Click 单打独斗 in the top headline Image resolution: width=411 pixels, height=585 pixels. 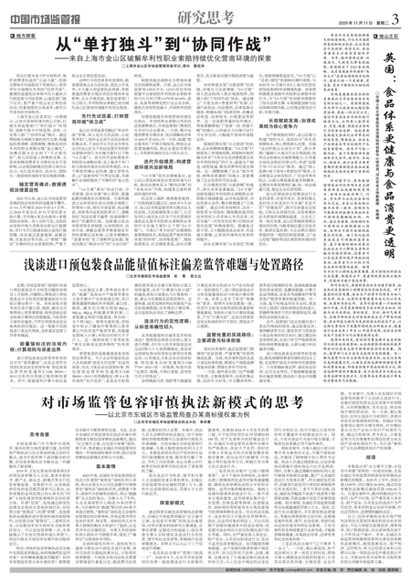pos(115,46)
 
